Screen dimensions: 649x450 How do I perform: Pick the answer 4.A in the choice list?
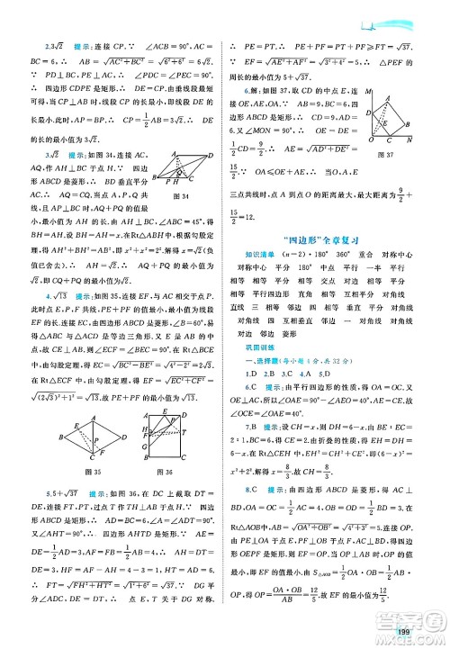(310, 398)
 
